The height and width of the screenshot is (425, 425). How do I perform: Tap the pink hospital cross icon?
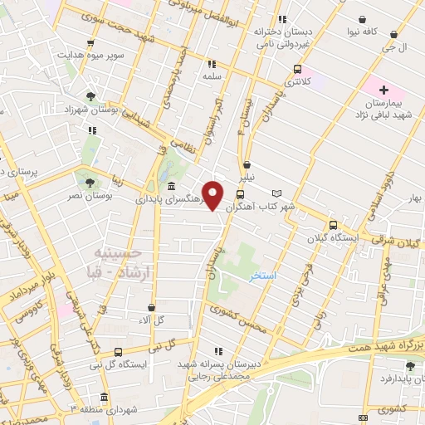[383, 90]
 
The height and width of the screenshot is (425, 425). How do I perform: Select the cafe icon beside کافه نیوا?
[363, 18]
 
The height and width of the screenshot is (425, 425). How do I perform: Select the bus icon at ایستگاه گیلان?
[333, 225]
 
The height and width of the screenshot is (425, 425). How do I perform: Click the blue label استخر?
[265, 274]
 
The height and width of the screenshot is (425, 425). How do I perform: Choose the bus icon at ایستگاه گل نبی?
[118, 351]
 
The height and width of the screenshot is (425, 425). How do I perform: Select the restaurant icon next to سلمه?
[211, 63]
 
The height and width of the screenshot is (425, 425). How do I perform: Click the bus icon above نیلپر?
[247, 164]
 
